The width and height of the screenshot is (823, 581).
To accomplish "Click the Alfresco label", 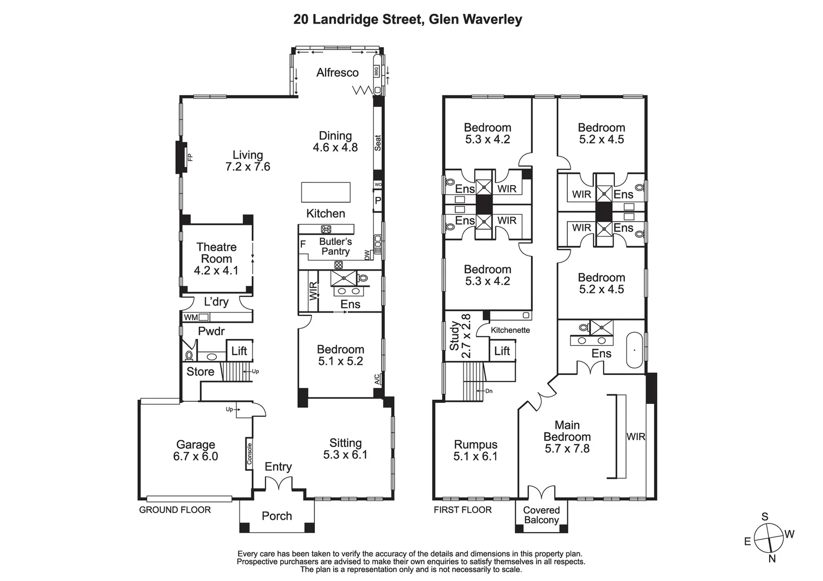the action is point(337,73).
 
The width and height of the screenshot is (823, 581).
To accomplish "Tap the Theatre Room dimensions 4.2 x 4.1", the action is point(216,271).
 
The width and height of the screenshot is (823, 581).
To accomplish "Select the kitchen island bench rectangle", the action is point(326,192).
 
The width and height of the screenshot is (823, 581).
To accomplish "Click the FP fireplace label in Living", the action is point(189,158).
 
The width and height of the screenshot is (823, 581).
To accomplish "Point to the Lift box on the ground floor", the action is point(239,351).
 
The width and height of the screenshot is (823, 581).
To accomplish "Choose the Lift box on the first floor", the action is point(502,351).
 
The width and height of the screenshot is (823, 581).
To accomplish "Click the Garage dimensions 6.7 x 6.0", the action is point(195,457).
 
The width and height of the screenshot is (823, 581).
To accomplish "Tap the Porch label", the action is point(277,516).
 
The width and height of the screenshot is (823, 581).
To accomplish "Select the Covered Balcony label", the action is point(541,515).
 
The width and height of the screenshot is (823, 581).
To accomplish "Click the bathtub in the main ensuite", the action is point(635,350).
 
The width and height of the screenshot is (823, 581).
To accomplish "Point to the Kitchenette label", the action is point(510,330).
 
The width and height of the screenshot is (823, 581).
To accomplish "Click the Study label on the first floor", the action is point(454,336).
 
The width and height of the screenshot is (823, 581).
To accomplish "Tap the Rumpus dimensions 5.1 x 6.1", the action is point(475,457).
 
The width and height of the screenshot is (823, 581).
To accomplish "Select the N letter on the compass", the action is point(772,558).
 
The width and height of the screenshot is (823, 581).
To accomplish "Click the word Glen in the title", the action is point(444,20).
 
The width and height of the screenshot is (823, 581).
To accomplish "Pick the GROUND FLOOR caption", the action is point(175,509).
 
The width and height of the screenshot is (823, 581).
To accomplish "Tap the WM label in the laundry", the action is point(191,317).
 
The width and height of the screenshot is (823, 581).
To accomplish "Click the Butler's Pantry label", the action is point(335,246).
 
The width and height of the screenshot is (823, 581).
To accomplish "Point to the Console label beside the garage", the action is point(249,454).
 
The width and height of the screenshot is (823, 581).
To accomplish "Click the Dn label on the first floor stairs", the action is point(489,391).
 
